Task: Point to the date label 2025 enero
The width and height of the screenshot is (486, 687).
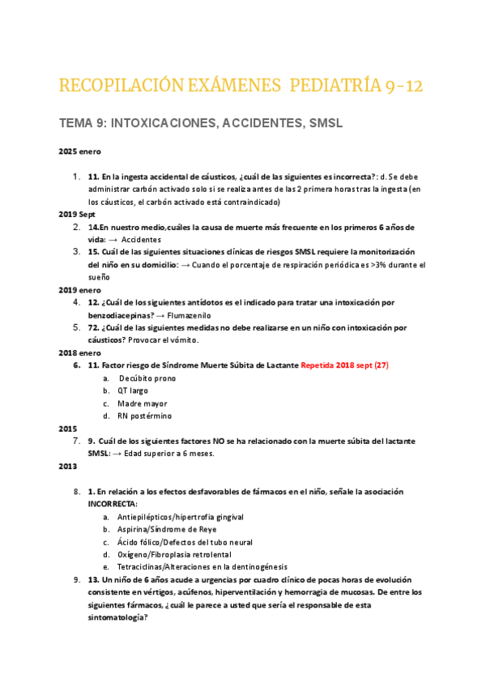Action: click(79, 151)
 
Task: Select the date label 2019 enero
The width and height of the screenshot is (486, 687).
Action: click(79, 289)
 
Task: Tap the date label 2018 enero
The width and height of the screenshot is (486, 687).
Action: click(79, 352)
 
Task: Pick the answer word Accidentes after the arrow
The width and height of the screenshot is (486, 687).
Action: click(142, 239)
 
